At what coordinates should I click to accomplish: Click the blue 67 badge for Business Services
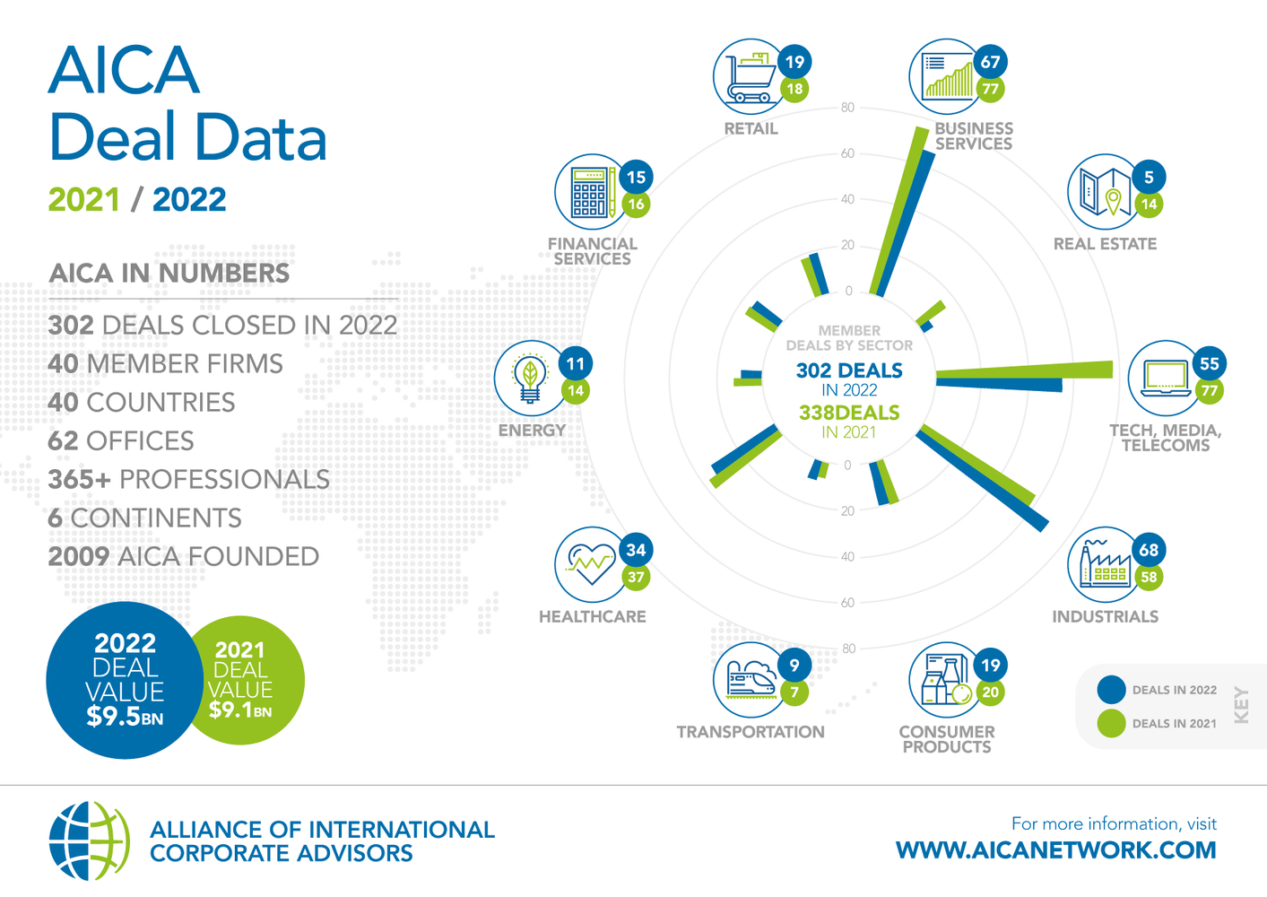[x=991, y=62]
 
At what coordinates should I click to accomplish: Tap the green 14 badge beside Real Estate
[x=1149, y=204]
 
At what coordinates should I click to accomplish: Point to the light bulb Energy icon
[x=530, y=378]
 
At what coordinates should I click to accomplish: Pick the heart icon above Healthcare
[x=592, y=563]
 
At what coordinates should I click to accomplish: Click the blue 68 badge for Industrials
[x=1149, y=550]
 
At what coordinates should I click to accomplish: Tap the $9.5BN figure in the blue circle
[x=125, y=717]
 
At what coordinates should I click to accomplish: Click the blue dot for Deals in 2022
[x=1111, y=689]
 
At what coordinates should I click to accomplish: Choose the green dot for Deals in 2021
[x=1111, y=723]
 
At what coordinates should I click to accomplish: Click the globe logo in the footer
[x=90, y=840]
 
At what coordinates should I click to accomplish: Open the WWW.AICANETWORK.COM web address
[x=1055, y=850]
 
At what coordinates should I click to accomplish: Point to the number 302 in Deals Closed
[x=71, y=326]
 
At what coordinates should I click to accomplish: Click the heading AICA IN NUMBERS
[x=169, y=274]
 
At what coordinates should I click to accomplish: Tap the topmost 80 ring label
[x=847, y=108]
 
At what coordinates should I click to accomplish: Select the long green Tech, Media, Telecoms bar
[x=1024, y=370]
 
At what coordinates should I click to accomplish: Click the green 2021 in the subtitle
[x=83, y=199]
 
